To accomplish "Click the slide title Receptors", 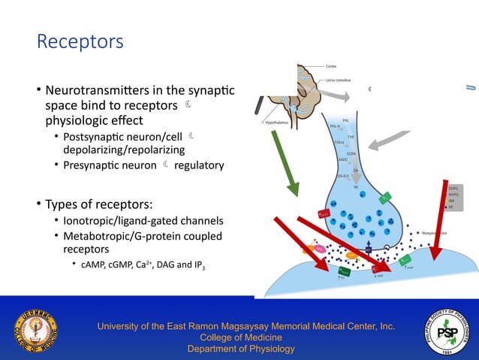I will (x=80, y=41).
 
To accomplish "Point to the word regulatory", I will (x=199, y=165).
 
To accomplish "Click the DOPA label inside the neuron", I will (x=351, y=153).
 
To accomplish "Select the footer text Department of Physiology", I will (x=240, y=349).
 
